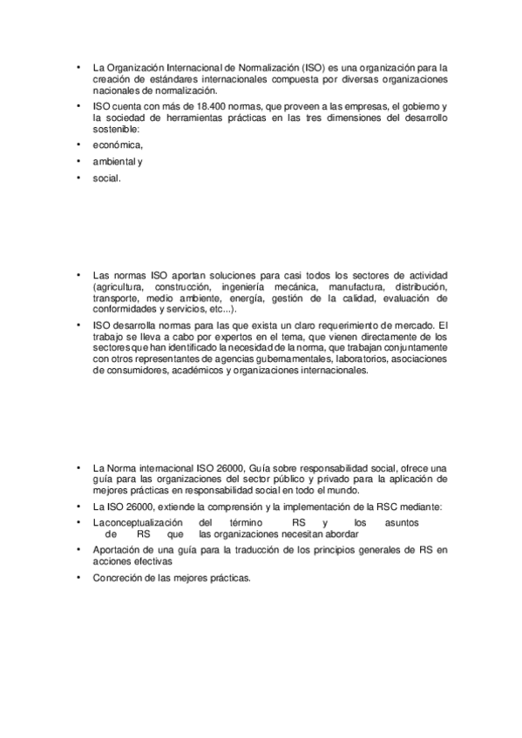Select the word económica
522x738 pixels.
coord(118,145)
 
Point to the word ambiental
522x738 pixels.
coord(112,162)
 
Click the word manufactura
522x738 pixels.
coord(356,286)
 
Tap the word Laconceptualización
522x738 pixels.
coord(135,522)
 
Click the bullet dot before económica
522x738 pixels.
coord(78,145)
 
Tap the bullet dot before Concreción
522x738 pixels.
coord(78,579)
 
